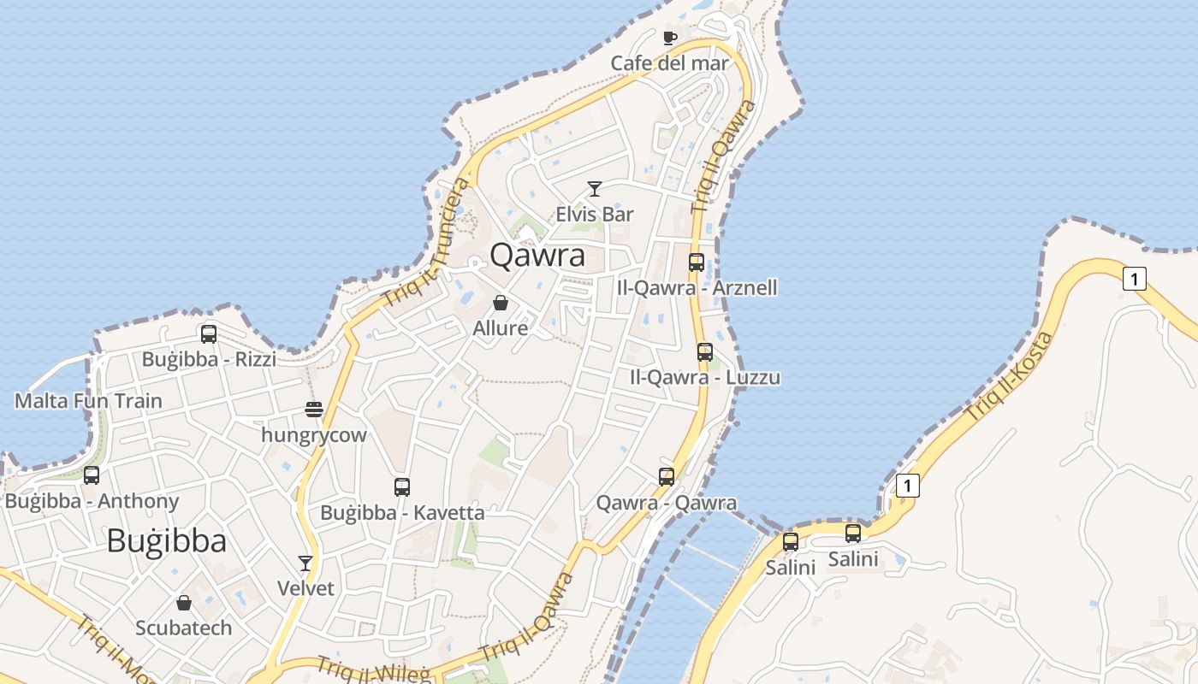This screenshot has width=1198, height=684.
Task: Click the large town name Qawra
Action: tap(537, 256)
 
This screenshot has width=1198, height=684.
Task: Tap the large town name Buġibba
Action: tap(167, 541)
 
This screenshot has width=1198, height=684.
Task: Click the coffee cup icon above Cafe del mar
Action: tap(670, 38)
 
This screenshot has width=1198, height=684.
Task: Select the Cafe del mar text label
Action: tap(669, 63)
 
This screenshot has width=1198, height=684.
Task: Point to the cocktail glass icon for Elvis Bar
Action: tap(595, 188)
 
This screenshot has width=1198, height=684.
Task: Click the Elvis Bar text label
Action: tap(595, 214)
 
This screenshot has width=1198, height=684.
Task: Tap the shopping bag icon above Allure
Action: tap(501, 303)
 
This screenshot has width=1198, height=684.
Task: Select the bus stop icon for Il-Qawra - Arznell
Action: tap(697, 262)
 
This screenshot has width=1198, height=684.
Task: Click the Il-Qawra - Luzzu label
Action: tap(705, 377)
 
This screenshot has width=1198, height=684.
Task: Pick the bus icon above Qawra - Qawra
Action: tap(667, 476)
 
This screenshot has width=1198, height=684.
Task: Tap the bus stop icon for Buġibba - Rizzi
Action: tap(209, 334)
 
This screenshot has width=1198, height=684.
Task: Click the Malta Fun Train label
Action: tap(88, 400)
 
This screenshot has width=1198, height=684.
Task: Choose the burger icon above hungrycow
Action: tap(314, 410)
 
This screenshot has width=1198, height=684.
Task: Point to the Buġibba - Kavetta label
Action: tap(402, 513)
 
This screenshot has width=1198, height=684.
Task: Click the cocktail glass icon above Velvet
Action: tap(305, 563)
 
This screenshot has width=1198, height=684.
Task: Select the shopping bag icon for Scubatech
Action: tap(183, 603)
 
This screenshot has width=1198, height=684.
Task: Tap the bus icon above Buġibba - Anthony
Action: tap(92, 475)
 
